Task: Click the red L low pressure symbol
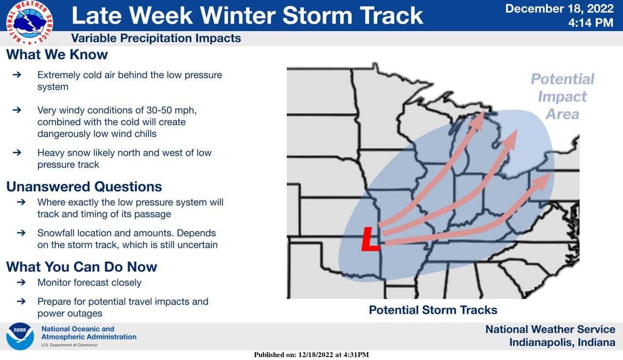(370, 239)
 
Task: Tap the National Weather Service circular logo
(30, 23)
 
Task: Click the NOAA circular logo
(20, 336)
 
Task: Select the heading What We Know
(57, 54)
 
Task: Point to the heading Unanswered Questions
(84, 186)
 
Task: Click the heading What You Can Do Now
(81, 267)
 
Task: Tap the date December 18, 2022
(559, 9)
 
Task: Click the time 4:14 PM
(591, 22)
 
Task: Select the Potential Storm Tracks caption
(433, 310)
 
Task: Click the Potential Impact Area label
(562, 96)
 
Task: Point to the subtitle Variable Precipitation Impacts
(156, 38)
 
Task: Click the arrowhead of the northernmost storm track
(478, 121)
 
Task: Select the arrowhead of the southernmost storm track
(542, 181)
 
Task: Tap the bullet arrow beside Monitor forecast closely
(21, 283)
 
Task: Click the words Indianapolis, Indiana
(562, 342)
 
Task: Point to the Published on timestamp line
(311, 355)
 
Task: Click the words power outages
(70, 313)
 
